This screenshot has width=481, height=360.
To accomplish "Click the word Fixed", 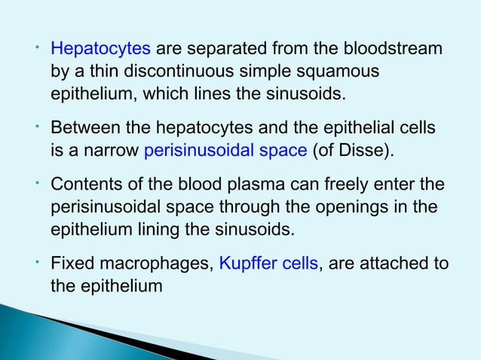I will click(69, 264).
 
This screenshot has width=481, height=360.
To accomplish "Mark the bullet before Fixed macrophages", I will click(36, 261).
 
